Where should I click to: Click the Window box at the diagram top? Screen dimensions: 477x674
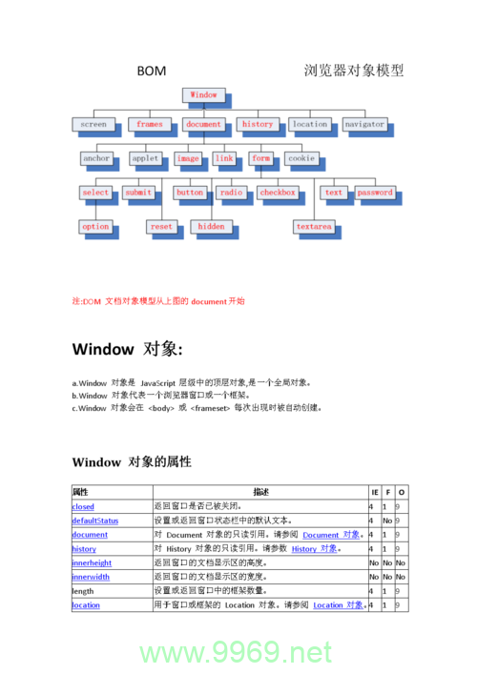click(x=203, y=95)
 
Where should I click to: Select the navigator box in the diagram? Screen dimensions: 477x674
click(x=364, y=124)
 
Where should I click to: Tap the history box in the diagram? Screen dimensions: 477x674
click(x=257, y=124)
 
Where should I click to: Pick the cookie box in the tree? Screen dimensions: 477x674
click(x=301, y=158)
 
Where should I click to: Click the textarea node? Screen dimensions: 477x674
click(x=314, y=227)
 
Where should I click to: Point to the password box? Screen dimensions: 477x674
click(x=375, y=193)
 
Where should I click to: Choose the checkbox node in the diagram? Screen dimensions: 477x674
click(x=278, y=193)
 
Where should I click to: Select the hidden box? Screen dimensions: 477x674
click(x=211, y=227)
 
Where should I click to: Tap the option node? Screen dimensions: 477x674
click(x=95, y=227)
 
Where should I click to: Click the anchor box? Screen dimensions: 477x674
click(x=96, y=158)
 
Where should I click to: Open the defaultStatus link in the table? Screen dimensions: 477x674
click(x=95, y=521)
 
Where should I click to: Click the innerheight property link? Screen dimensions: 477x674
click(x=92, y=563)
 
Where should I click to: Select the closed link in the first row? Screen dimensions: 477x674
click(x=83, y=506)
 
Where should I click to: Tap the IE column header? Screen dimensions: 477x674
click(x=374, y=492)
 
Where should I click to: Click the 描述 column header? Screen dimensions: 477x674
click(x=260, y=492)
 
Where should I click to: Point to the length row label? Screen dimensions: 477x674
click(x=84, y=591)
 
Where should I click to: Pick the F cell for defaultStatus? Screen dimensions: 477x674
click(x=387, y=521)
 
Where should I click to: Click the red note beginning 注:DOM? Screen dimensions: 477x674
click(x=158, y=300)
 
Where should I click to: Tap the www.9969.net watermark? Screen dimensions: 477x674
click(x=236, y=653)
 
